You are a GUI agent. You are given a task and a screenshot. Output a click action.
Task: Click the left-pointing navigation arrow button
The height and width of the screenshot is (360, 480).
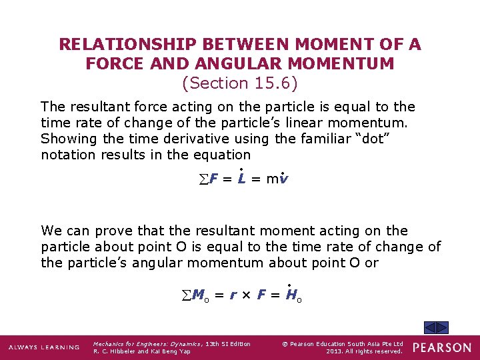coord(431,327)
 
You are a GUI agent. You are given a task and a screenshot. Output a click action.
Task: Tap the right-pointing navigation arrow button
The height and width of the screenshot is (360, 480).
coord(442,327)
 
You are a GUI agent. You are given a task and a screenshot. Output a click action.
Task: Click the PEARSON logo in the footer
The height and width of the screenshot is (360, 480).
coord(441,347)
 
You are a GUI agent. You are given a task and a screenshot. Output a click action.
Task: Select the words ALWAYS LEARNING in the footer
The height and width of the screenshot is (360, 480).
coord(44,347)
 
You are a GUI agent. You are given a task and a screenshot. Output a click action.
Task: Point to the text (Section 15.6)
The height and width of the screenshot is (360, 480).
coord(240,83)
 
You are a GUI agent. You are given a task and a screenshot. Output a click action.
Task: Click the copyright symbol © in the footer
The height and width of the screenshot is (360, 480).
coord(285,344)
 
